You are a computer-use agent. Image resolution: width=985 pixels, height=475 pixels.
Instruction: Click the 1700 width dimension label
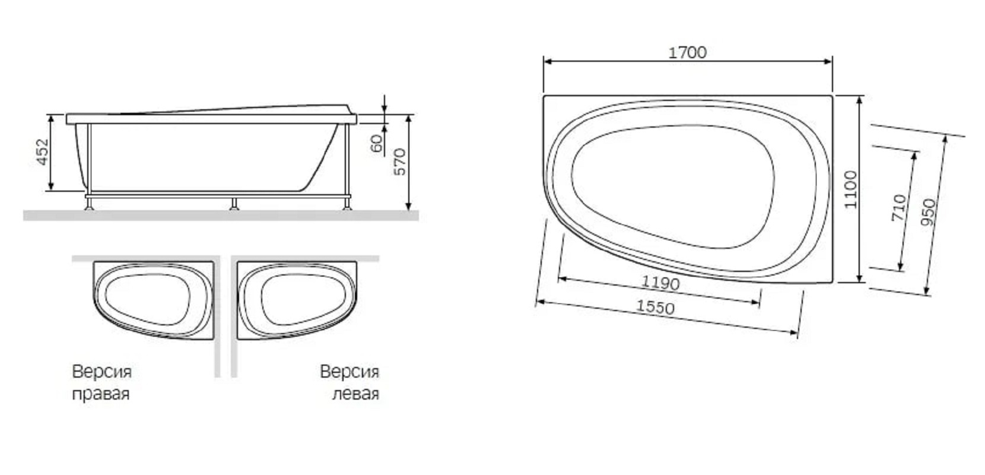(687, 53)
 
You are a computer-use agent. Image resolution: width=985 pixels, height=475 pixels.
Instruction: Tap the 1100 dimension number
(851, 189)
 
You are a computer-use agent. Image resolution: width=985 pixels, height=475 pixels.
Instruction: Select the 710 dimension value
(899, 207)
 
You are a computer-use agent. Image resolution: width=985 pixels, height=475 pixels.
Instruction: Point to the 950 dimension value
(929, 213)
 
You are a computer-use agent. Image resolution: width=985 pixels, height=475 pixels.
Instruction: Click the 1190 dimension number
(660, 283)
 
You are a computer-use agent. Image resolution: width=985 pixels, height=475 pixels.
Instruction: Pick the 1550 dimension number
(655, 306)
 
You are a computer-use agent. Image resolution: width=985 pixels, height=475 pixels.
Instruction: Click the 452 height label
(42, 152)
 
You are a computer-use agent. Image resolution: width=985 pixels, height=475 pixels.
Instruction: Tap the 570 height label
(400, 162)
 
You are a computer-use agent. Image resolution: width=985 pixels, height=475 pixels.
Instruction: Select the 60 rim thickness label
(377, 143)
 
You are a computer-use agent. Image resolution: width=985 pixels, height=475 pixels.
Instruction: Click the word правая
(101, 394)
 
